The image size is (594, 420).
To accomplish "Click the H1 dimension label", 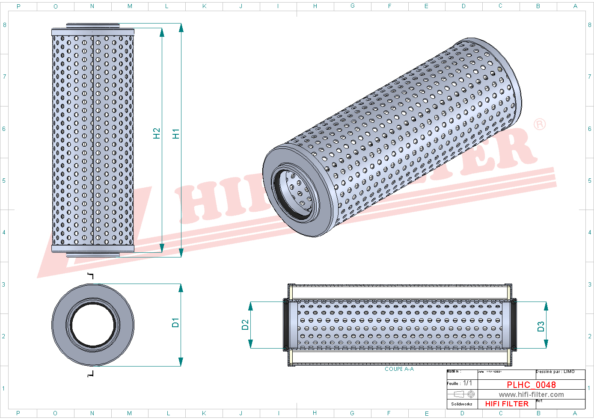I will (x=175, y=133).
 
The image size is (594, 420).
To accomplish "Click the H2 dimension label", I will (x=157, y=133).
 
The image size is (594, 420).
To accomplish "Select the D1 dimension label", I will (x=175, y=323).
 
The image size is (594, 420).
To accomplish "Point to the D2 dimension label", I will (x=245, y=325).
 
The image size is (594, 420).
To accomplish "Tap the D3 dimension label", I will (x=541, y=327).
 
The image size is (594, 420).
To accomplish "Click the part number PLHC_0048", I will (x=531, y=385).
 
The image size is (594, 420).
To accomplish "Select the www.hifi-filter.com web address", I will (x=531, y=395).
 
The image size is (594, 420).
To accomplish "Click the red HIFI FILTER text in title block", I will (x=507, y=404).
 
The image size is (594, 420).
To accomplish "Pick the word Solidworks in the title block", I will (x=462, y=404).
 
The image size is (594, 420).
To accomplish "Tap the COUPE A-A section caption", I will (x=399, y=369).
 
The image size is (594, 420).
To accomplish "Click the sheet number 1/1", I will (x=467, y=383).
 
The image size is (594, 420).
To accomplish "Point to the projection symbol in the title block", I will (x=464, y=394).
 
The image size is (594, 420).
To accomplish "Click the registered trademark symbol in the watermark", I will (x=540, y=124).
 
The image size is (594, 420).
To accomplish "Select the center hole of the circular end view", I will (x=93, y=325).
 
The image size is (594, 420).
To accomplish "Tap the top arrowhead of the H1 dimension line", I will (x=181, y=28).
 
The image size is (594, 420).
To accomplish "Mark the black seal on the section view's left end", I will (x=286, y=325).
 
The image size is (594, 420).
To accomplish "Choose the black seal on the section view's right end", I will (x=514, y=325).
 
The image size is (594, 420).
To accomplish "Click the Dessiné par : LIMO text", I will (x=555, y=372).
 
